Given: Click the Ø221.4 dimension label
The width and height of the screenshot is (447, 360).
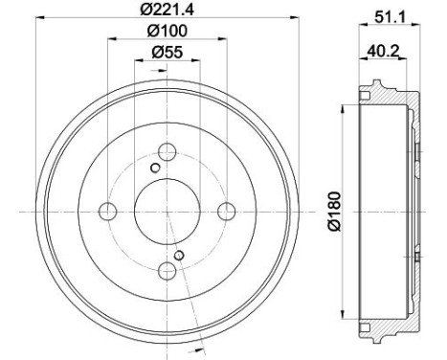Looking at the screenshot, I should [x=168, y=11].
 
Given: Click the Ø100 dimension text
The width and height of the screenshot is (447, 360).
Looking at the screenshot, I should [x=168, y=33].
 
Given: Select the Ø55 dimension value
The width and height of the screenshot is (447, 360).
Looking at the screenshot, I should [x=168, y=53].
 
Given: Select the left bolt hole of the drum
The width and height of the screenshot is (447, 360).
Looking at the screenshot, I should [x=108, y=210].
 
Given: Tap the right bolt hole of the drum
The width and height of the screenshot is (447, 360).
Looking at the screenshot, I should [x=226, y=210].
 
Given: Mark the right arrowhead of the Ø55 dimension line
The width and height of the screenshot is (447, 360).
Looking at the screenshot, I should [x=198, y=63].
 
